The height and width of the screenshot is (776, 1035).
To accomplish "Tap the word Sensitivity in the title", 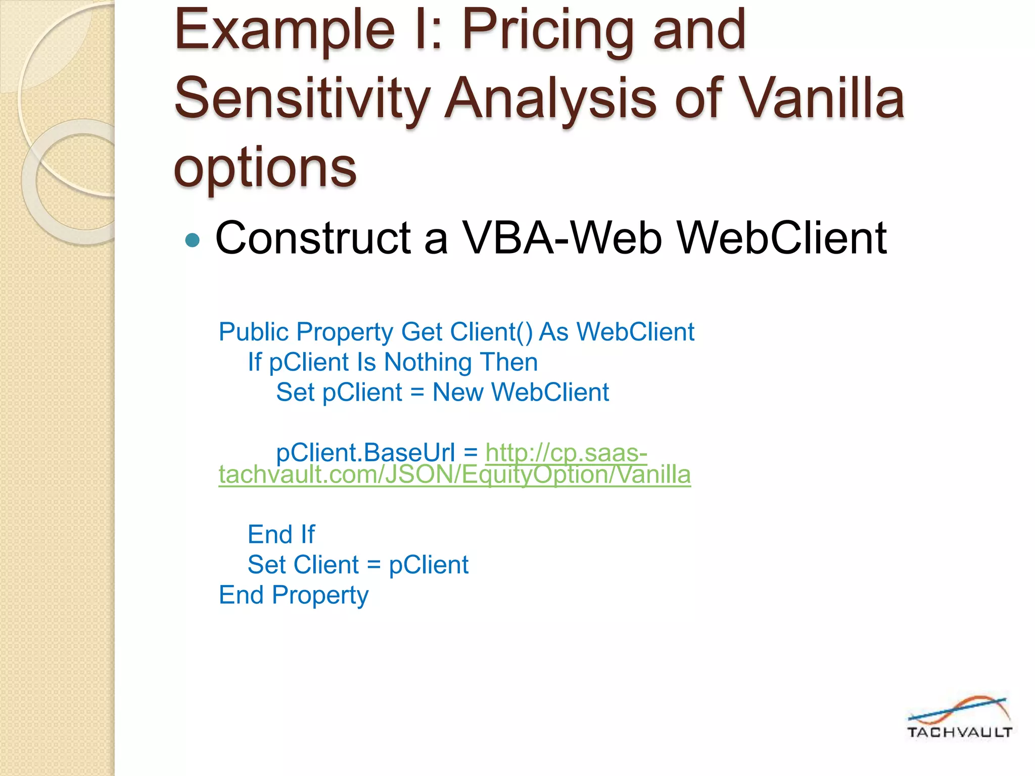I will (302, 100).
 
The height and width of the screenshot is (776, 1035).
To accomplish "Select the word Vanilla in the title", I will (823, 100).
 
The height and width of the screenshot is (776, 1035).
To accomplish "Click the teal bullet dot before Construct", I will (193, 239).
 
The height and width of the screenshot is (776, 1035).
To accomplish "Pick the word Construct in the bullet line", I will (313, 238).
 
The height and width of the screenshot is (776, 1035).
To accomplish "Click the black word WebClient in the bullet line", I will (781, 238).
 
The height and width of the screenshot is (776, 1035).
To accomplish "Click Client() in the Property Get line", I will (491, 332).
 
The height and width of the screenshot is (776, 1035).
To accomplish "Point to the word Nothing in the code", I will (428, 362).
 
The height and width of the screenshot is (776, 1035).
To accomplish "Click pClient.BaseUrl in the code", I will (365, 452).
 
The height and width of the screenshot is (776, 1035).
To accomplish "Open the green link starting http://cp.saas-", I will (566, 452).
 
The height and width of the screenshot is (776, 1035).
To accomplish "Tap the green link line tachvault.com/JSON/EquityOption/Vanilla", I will (454, 475).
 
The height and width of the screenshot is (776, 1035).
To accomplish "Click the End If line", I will (281, 535).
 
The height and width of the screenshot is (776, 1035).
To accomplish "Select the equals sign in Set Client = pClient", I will (373, 565).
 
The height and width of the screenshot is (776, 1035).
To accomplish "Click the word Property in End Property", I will (320, 595).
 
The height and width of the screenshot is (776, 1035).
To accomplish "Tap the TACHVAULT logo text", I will (959, 732).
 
